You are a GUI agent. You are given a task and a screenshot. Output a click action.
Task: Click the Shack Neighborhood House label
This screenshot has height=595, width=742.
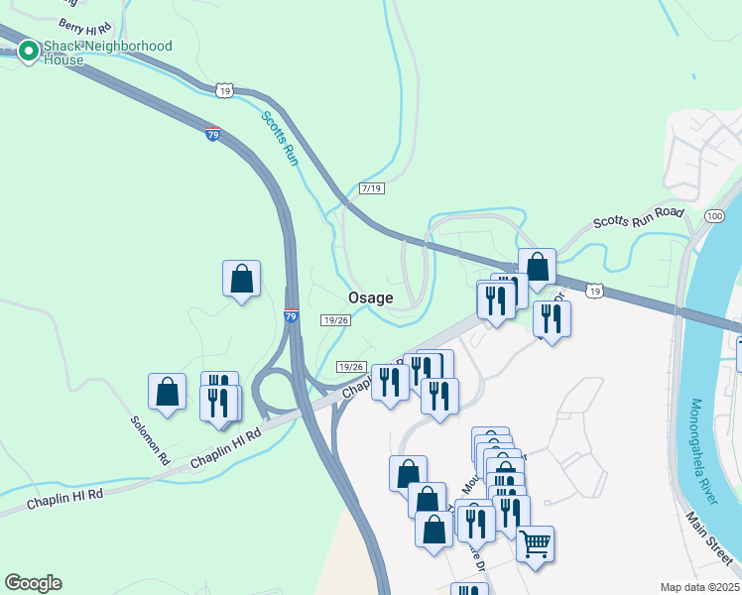click(107, 53)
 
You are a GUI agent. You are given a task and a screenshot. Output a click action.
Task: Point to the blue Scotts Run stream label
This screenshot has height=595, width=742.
click(280, 138)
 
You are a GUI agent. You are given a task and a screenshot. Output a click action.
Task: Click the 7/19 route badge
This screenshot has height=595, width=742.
click(372, 188)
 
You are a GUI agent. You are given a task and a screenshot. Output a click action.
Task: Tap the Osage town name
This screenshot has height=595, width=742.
click(370, 297)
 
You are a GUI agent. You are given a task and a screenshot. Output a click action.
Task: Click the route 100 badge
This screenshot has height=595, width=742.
click(714, 215)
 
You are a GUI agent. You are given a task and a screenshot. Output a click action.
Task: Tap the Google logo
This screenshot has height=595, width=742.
click(33, 583)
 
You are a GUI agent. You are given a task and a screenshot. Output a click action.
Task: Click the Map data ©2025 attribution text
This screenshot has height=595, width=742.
click(699, 587)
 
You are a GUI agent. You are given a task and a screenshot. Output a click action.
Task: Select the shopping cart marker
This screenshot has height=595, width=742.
click(535, 543)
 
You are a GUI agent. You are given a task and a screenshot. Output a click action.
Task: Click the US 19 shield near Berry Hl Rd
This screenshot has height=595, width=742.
click(224, 90)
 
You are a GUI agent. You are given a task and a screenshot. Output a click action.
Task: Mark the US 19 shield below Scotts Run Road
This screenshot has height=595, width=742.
click(593, 291)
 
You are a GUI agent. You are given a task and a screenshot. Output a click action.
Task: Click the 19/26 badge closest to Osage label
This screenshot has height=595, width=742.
click(336, 319)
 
